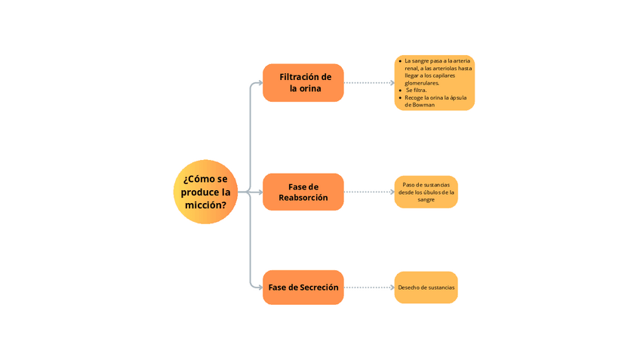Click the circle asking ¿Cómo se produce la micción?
pos(205,192)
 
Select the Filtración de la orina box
pos(303,83)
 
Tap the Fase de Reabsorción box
pos(303,192)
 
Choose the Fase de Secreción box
pos(303,288)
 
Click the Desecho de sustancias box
pos(426,288)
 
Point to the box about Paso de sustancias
pos(426,192)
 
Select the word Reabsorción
pos(303,198)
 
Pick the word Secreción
pos(319,288)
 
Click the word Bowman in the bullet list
pos(423,105)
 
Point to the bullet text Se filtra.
pos(416,90)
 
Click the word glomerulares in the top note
pos(422,83)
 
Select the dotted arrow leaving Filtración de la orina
pos(369,83)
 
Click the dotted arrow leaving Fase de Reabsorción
pos(369,192)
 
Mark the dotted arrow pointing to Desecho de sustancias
pos(369,288)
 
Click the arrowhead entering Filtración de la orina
pos(260,83)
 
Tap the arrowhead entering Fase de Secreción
pos(260,288)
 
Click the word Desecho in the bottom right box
pos(408,288)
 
